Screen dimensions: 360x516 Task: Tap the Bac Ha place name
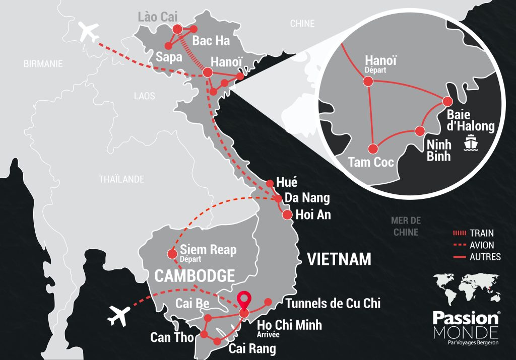tap(211, 41)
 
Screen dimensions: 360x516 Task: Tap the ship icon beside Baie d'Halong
tap(470, 142)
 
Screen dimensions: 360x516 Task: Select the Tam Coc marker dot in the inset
tap(372, 149)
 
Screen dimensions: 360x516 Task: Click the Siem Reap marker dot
tap(171, 253)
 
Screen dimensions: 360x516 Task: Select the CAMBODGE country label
tap(194, 276)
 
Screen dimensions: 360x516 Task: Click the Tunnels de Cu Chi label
tap(333, 303)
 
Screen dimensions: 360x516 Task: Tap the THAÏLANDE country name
tap(121, 179)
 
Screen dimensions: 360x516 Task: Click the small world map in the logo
tap(466, 290)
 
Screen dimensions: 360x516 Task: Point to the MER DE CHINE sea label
tap(405, 226)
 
